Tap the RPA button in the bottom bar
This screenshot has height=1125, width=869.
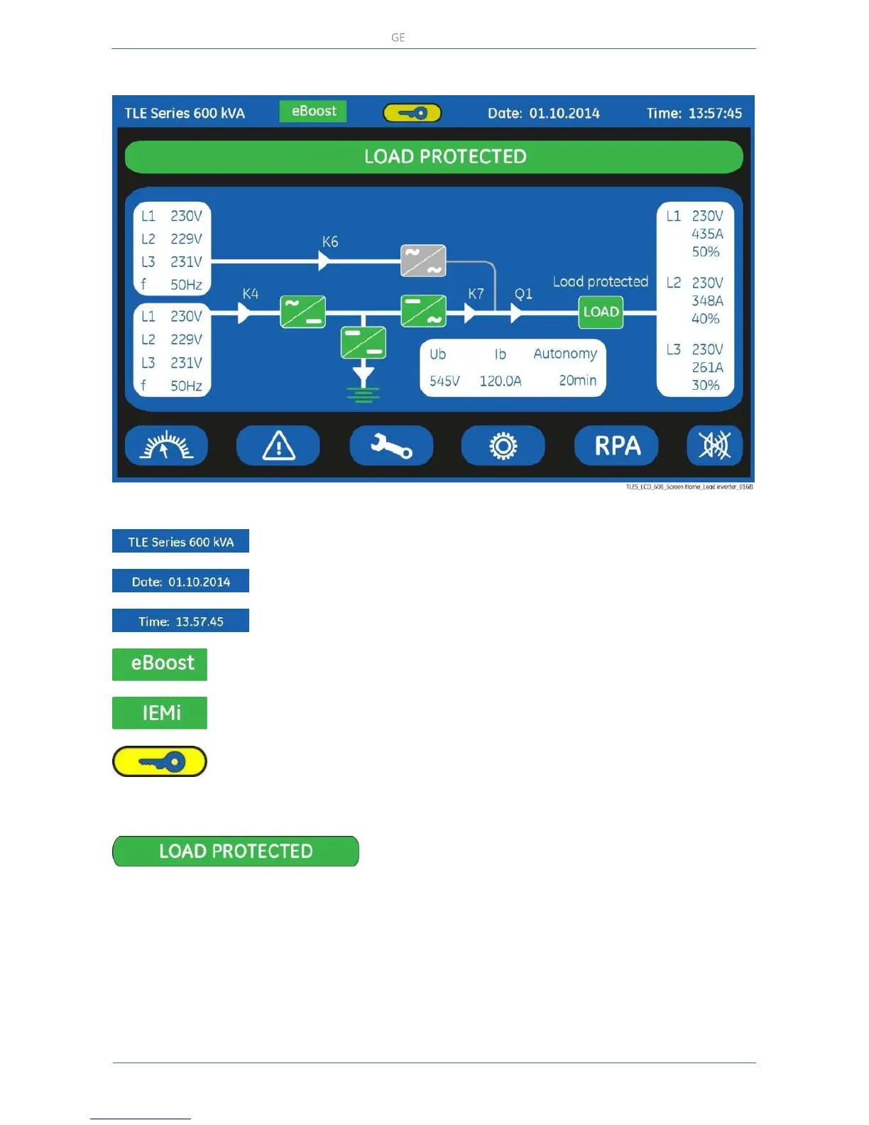616,445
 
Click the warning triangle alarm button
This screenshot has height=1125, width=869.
278,446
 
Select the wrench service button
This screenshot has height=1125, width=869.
391,446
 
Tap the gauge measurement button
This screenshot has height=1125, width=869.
166,446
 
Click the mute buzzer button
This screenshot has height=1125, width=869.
714,445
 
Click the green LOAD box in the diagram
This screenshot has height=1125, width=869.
601,312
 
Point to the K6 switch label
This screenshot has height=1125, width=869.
330,241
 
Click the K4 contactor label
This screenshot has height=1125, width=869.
251,293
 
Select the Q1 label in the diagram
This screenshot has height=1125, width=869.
523,293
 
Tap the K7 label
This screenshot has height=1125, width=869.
476,293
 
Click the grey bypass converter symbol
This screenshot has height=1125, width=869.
423,261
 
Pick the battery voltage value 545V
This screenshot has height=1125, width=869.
444,381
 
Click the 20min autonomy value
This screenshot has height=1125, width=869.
577,381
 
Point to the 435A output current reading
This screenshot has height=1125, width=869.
707,234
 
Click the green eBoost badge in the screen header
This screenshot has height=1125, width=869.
313,112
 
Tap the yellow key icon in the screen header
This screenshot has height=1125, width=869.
412,113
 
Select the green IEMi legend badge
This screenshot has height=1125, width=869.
160,712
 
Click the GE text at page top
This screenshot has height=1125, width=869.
398,38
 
